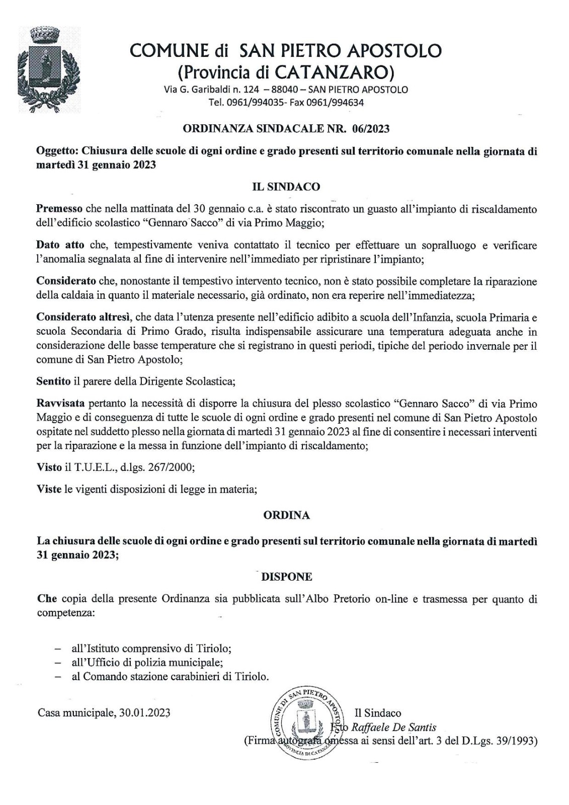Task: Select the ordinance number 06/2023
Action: click(372, 129)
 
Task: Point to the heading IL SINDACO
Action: click(286, 187)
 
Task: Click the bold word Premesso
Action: click(60, 208)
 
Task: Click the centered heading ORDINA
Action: click(286, 516)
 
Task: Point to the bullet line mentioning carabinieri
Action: click(170, 677)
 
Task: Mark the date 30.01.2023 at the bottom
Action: click(145, 713)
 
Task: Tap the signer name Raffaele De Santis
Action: click(393, 727)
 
